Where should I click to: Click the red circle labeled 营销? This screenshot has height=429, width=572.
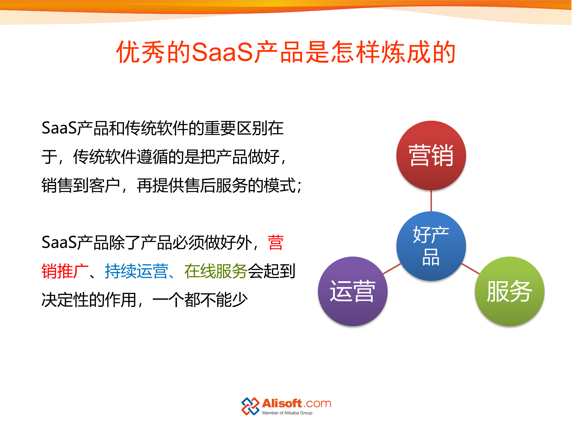pyautogui.click(x=431, y=155)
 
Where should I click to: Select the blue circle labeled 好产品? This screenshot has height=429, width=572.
pyautogui.click(x=431, y=246)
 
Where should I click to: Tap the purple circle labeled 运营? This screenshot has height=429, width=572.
pyautogui.click(x=352, y=291)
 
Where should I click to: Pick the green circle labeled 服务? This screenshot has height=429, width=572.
pyautogui.click(x=509, y=291)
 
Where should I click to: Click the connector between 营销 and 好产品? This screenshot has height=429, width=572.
pyautogui.click(x=431, y=201)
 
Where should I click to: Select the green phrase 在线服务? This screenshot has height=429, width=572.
pyautogui.click(x=216, y=271)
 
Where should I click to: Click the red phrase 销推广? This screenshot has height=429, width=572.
pyautogui.click(x=65, y=271)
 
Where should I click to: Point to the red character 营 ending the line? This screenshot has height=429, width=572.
pyautogui.click(x=276, y=243)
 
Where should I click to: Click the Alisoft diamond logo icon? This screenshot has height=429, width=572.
pyautogui.click(x=250, y=406)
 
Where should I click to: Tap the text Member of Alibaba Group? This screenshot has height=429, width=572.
pyautogui.click(x=287, y=413)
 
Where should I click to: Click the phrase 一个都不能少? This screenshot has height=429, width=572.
pyautogui.click(x=200, y=300)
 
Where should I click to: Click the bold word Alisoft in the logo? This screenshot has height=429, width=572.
pyautogui.click(x=282, y=403)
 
